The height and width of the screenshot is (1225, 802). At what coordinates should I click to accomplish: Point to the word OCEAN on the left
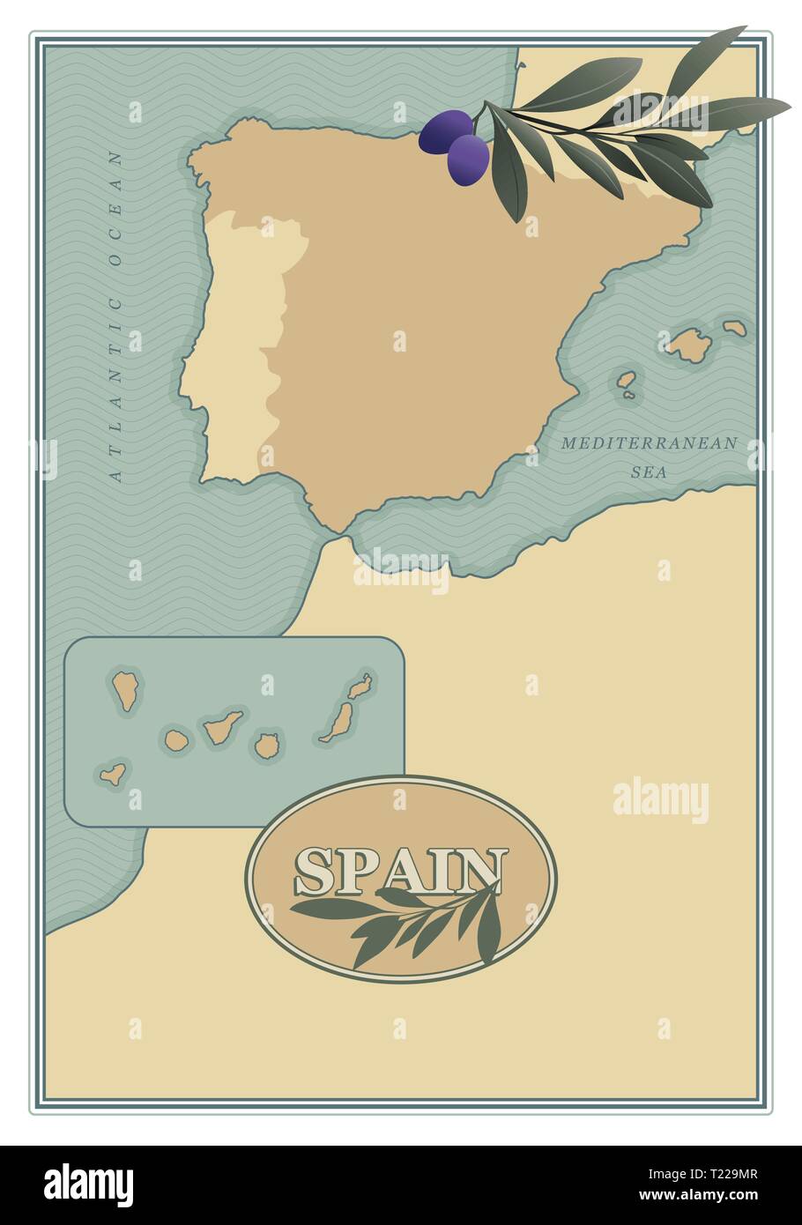[115, 204]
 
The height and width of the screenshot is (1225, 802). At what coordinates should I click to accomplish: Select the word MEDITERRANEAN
[649, 443]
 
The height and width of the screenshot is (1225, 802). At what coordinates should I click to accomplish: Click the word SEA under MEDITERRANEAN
[649, 472]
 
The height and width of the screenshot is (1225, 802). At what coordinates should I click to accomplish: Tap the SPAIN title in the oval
[401, 872]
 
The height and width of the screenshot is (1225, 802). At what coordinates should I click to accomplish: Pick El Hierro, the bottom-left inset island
[112, 775]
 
